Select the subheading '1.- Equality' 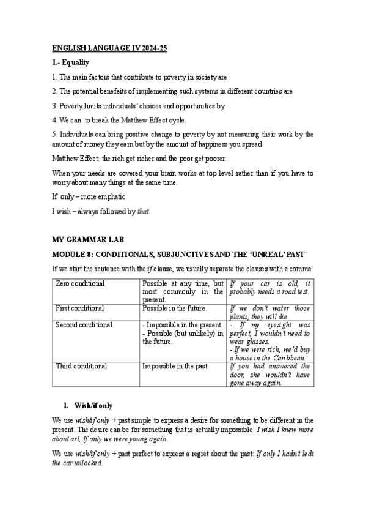coord(71,62)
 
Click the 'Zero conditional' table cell coord(80,284)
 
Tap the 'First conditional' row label coord(80,308)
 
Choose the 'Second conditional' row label coord(84,325)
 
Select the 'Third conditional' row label coord(81,366)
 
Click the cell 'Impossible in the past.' coord(175,366)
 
